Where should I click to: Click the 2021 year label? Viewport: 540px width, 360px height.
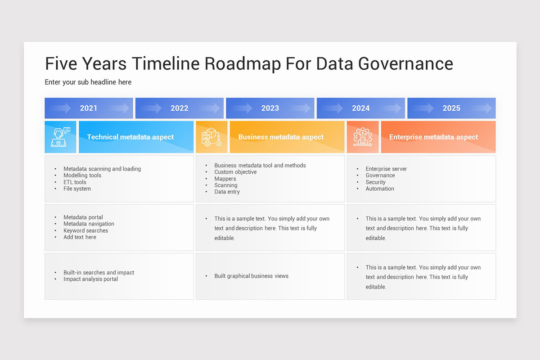89,108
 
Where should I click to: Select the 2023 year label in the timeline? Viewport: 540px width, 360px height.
270,108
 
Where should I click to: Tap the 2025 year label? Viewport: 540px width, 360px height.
451,108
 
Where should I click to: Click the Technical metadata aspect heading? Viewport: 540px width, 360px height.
130,137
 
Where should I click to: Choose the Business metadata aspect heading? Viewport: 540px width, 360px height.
281,137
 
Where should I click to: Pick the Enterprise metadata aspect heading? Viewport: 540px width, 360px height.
433,137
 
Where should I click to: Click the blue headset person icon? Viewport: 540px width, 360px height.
60,137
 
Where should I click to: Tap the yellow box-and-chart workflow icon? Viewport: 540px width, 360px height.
211,137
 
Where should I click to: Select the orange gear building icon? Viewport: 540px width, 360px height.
362,137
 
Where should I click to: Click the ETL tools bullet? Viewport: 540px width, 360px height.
75,182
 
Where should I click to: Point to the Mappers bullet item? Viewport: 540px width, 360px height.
225,179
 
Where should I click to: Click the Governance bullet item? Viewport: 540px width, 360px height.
380,175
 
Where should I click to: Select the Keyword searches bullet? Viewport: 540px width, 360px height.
85,230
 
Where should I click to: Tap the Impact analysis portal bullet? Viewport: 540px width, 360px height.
90,279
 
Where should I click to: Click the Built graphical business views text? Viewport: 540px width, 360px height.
251,276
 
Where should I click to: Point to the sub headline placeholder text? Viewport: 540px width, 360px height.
88,82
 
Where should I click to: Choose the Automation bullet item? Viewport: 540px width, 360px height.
380,189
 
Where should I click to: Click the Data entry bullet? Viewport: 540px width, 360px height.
227,192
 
